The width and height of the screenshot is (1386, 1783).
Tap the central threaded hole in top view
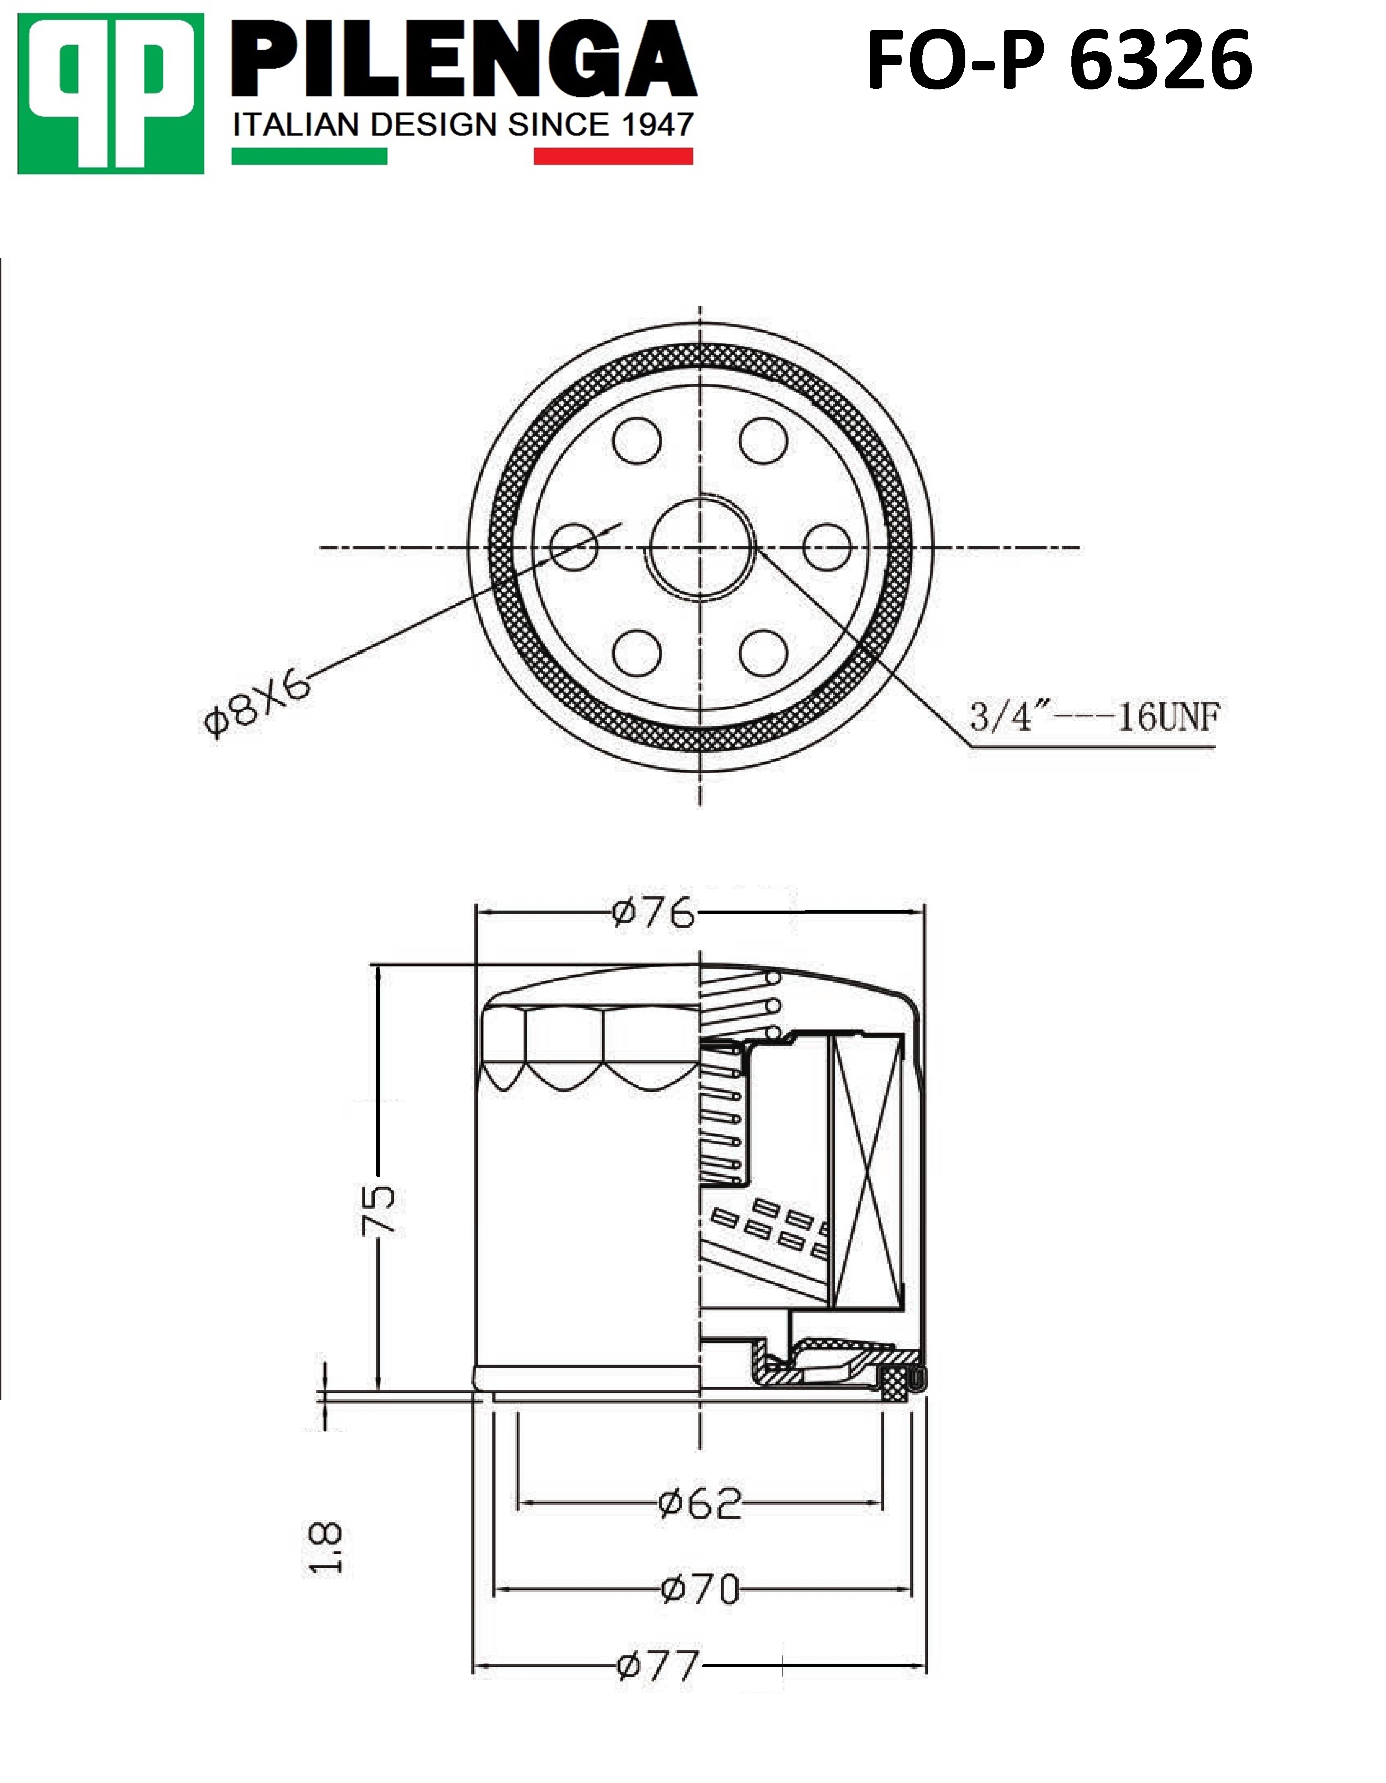click(700, 547)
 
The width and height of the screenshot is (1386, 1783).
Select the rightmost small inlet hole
click(827, 547)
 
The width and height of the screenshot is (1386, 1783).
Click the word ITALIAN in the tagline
click(296, 125)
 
